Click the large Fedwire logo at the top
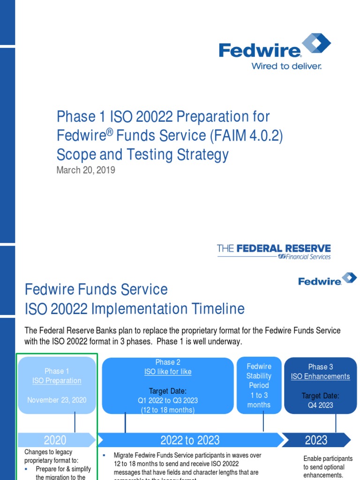tap(275, 47)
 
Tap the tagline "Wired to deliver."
tap(286, 66)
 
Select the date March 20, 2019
tap(86, 170)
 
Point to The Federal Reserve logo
tap(274, 251)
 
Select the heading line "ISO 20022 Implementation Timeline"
tap(135, 309)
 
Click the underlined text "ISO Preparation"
tap(57, 381)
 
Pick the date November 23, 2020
tap(57, 400)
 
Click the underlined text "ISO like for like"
tap(168, 372)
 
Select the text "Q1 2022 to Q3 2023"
tap(168, 400)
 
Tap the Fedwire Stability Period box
tap(259, 385)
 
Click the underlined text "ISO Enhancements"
tap(321, 376)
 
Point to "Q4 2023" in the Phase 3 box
tap(321, 405)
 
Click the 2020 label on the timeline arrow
tap(55, 440)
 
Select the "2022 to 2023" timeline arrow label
tap(190, 440)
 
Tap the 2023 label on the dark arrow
tap(316, 440)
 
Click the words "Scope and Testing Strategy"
tap(142, 155)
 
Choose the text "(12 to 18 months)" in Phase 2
tap(168, 410)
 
